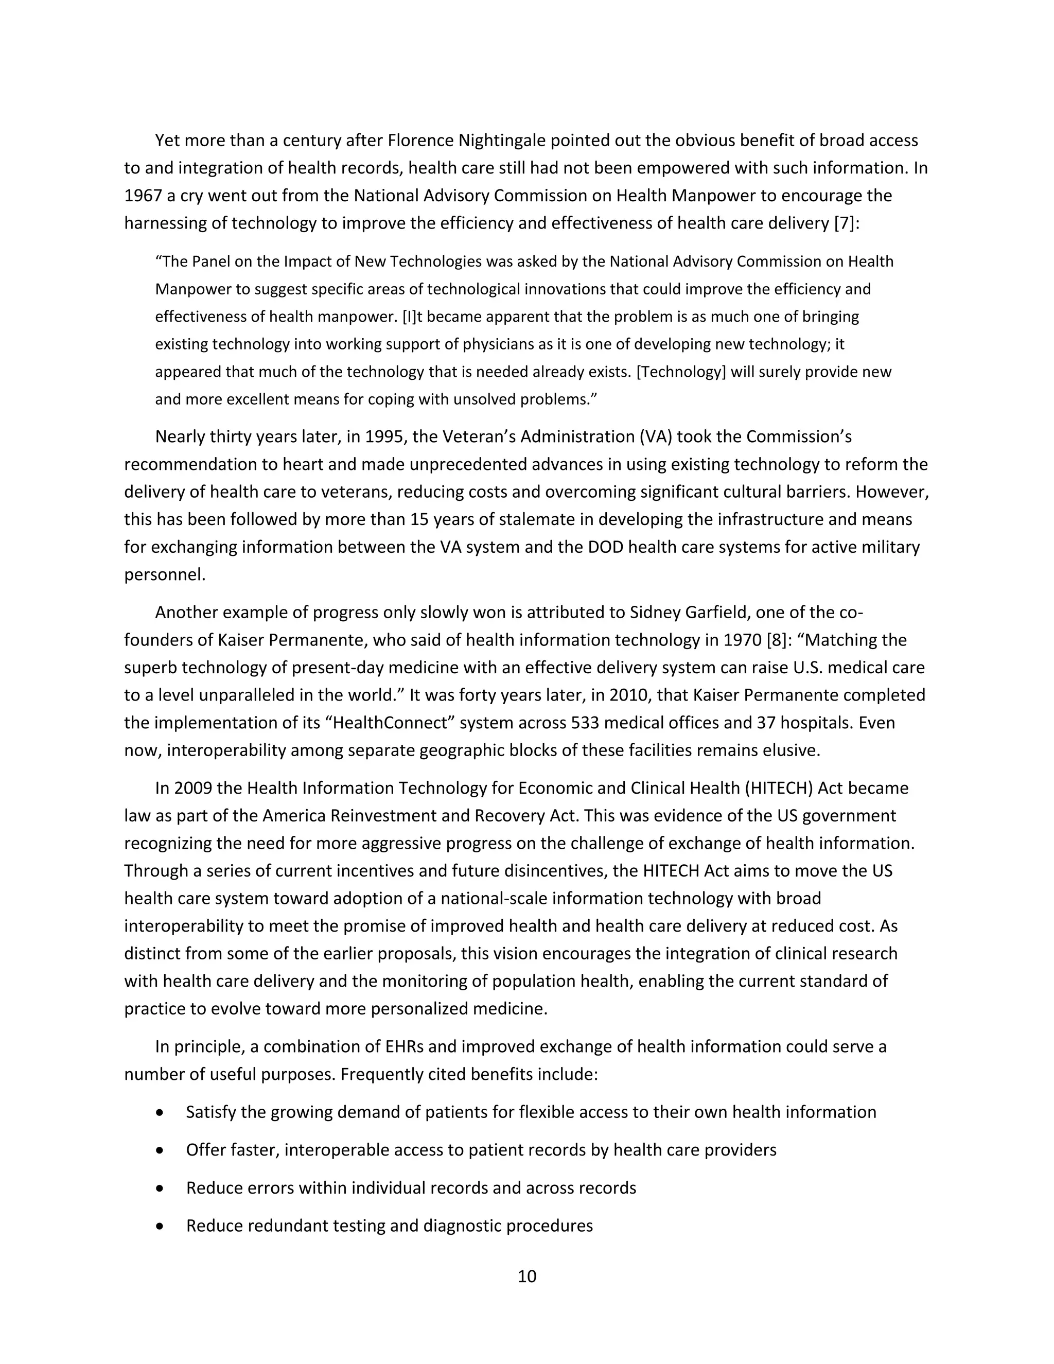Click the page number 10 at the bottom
[x=526, y=1276]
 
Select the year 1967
[x=143, y=196]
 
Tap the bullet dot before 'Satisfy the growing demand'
[x=161, y=1112]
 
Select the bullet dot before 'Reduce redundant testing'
[x=161, y=1226]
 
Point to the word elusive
[x=790, y=750]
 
